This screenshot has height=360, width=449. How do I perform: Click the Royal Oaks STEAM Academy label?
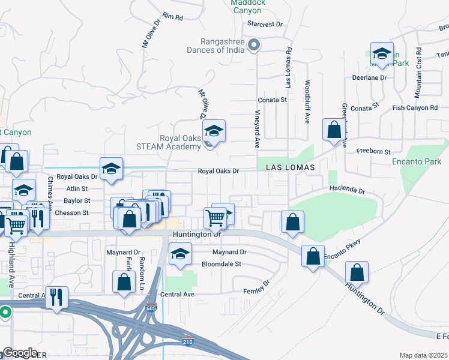click(x=179, y=142)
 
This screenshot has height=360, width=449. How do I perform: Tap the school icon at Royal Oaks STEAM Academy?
click(x=213, y=130)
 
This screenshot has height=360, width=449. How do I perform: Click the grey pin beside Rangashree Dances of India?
click(x=254, y=44)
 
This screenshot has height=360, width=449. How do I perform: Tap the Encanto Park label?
click(x=417, y=161)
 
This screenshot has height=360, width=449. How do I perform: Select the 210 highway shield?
click(x=188, y=341)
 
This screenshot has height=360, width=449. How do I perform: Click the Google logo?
click(x=20, y=353)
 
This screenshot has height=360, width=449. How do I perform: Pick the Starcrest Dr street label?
click(x=265, y=25)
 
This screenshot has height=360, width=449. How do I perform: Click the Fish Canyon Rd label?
click(x=415, y=107)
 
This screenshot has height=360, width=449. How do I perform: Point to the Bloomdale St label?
click(x=221, y=263)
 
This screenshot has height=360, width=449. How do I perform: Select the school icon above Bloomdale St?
click(x=179, y=253)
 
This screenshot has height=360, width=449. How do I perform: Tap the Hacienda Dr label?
click(x=347, y=190)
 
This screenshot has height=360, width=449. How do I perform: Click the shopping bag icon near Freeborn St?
click(x=333, y=129)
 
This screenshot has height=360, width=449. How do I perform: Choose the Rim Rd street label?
click(x=172, y=17)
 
